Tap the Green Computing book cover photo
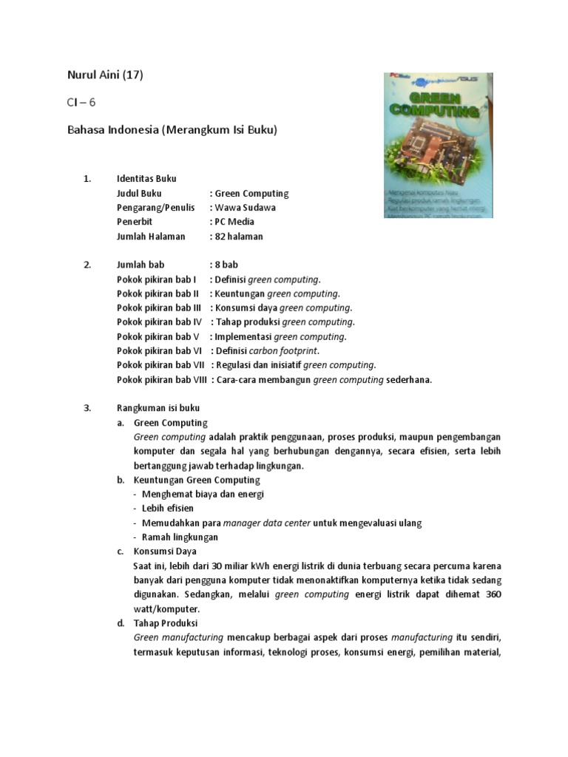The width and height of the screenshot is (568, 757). (438, 146)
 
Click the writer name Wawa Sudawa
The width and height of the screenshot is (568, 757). (245, 208)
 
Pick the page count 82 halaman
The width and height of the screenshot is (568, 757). (239, 237)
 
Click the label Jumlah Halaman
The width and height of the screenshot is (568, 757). (151, 237)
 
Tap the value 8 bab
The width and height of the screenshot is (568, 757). (226, 265)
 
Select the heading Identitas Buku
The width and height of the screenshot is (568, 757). (146, 179)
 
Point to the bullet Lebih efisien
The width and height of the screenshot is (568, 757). (168, 509)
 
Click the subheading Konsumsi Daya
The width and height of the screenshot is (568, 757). (165, 551)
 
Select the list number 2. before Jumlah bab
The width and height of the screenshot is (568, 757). (87, 265)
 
